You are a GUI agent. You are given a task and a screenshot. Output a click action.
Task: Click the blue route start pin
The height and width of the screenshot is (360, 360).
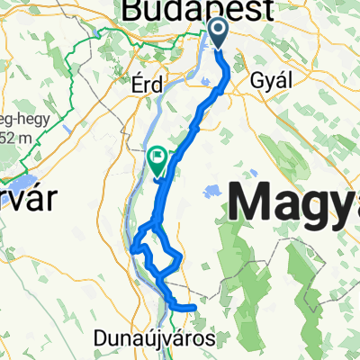[220, 32]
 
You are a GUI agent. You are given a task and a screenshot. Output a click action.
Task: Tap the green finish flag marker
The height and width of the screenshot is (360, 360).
[157, 158]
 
